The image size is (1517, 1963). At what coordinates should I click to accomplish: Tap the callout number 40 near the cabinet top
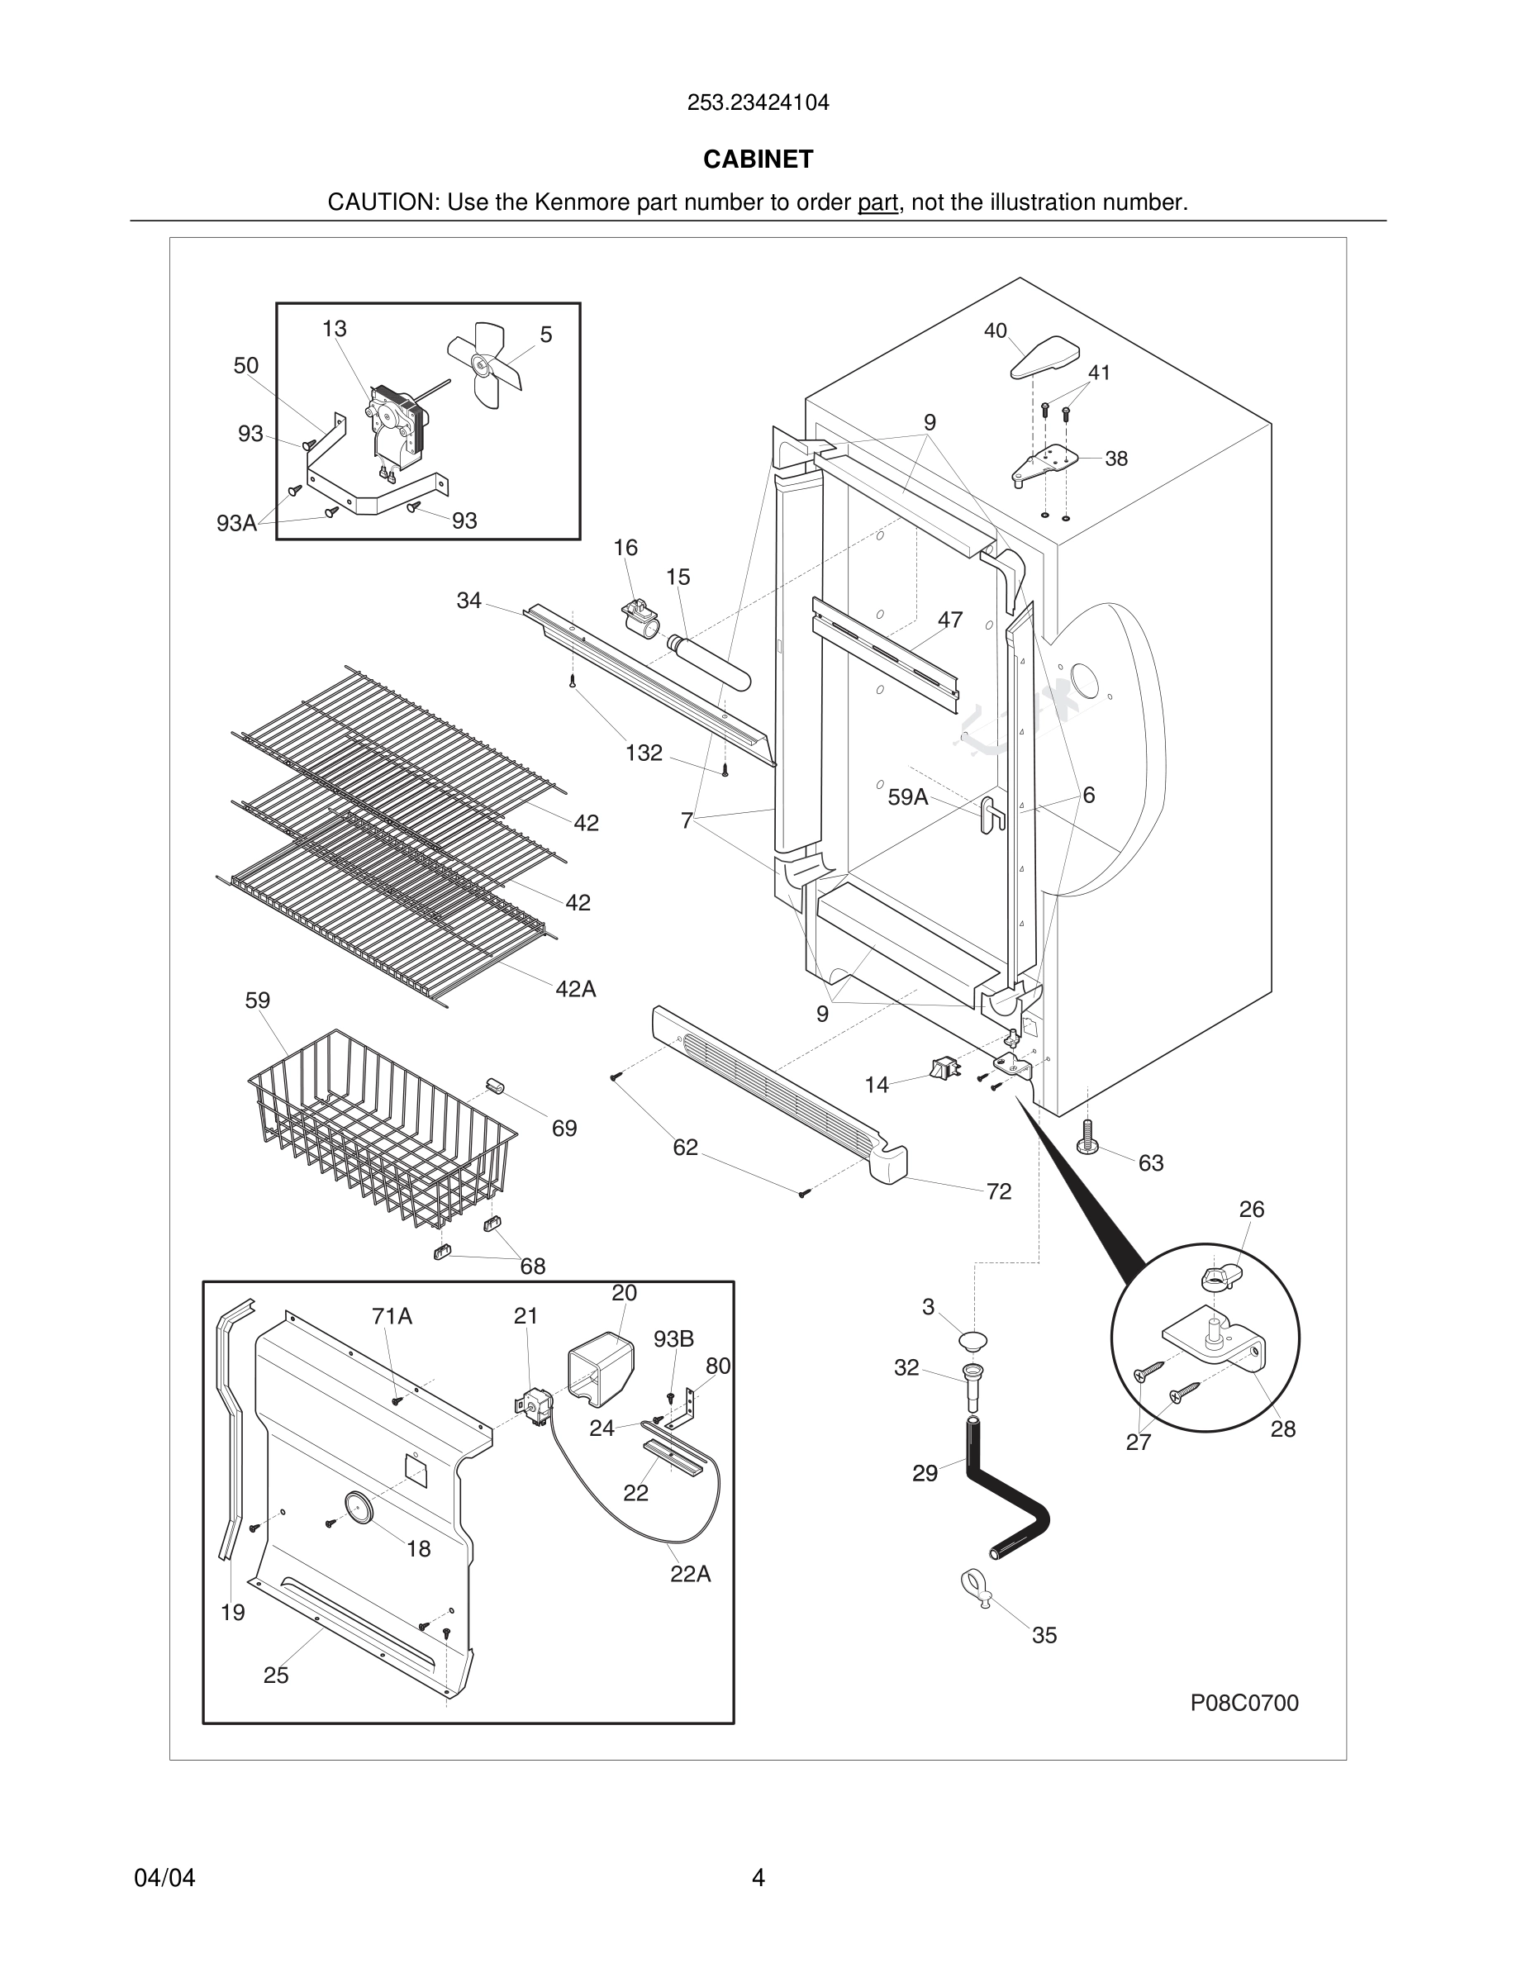tap(995, 330)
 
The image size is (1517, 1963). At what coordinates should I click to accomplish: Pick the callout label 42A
tap(575, 989)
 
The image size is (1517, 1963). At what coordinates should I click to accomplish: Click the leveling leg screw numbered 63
tap(1087, 1136)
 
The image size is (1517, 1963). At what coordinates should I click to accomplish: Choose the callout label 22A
tap(690, 1573)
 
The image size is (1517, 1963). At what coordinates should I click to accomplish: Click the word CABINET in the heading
tap(758, 159)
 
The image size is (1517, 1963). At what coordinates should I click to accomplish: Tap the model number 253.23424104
tap(758, 102)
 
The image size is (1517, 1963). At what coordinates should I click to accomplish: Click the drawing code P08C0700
tap(1244, 1703)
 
